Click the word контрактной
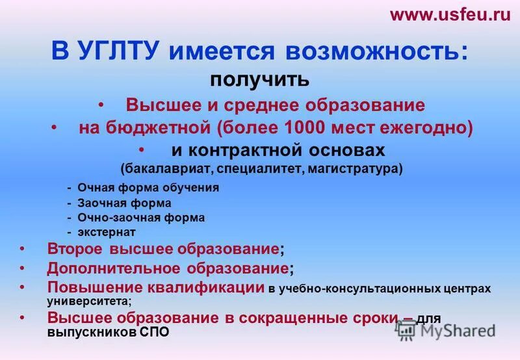(x=248, y=149)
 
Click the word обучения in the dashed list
(x=195, y=188)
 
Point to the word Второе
(x=76, y=249)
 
